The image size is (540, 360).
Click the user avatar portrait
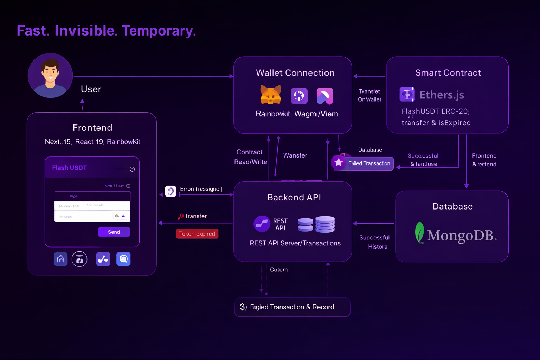[50, 76]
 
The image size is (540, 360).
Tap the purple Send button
[114, 232]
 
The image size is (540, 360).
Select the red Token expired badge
[197, 234]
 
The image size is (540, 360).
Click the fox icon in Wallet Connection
[270, 95]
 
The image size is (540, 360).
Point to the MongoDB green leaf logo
[419, 233]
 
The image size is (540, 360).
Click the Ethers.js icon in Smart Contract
[407, 95]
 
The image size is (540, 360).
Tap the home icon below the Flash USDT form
[60, 259]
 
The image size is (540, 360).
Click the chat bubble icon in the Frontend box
[123, 259]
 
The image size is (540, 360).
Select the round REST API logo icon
[262, 224]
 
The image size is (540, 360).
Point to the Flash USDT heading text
[69, 168]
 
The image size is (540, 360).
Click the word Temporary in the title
[159, 31]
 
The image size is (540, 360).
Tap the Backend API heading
[294, 197]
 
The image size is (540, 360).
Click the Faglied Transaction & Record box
[292, 307]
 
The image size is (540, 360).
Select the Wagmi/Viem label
[316, 114]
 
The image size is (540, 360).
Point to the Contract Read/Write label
[250, 157]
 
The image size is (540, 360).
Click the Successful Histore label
[375, 242]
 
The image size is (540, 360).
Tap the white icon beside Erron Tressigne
[171, 191]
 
